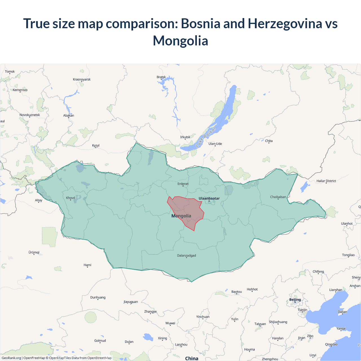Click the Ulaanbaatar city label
point(209,198)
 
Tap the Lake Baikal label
point(206,137)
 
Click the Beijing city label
point(295,300)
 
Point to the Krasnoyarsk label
point(82,79)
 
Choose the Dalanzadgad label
point(186,256)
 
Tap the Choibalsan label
point(278,197)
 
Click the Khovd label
point(71,198)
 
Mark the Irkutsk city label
point(185,137)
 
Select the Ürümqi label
point(34,252)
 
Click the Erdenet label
point(183,184)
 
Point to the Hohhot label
point(252,289)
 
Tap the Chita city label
point(269,141)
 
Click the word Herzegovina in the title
point(285,23)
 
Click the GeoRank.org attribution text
point(11,358)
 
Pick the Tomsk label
point(10,71)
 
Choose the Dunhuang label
point(98,297)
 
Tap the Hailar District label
point(326,181)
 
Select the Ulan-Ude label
point(215,144)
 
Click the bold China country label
point(192,358)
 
